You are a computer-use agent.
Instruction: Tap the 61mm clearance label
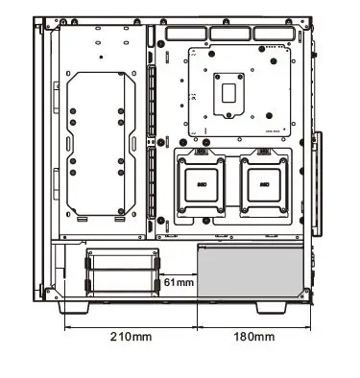pos(179,283)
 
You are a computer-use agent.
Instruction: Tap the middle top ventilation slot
pos(231,34)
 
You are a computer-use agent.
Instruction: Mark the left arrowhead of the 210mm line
pos(67,324)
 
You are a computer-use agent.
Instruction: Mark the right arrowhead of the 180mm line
pos(313,324)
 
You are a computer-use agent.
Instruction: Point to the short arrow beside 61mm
pos(180,272)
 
